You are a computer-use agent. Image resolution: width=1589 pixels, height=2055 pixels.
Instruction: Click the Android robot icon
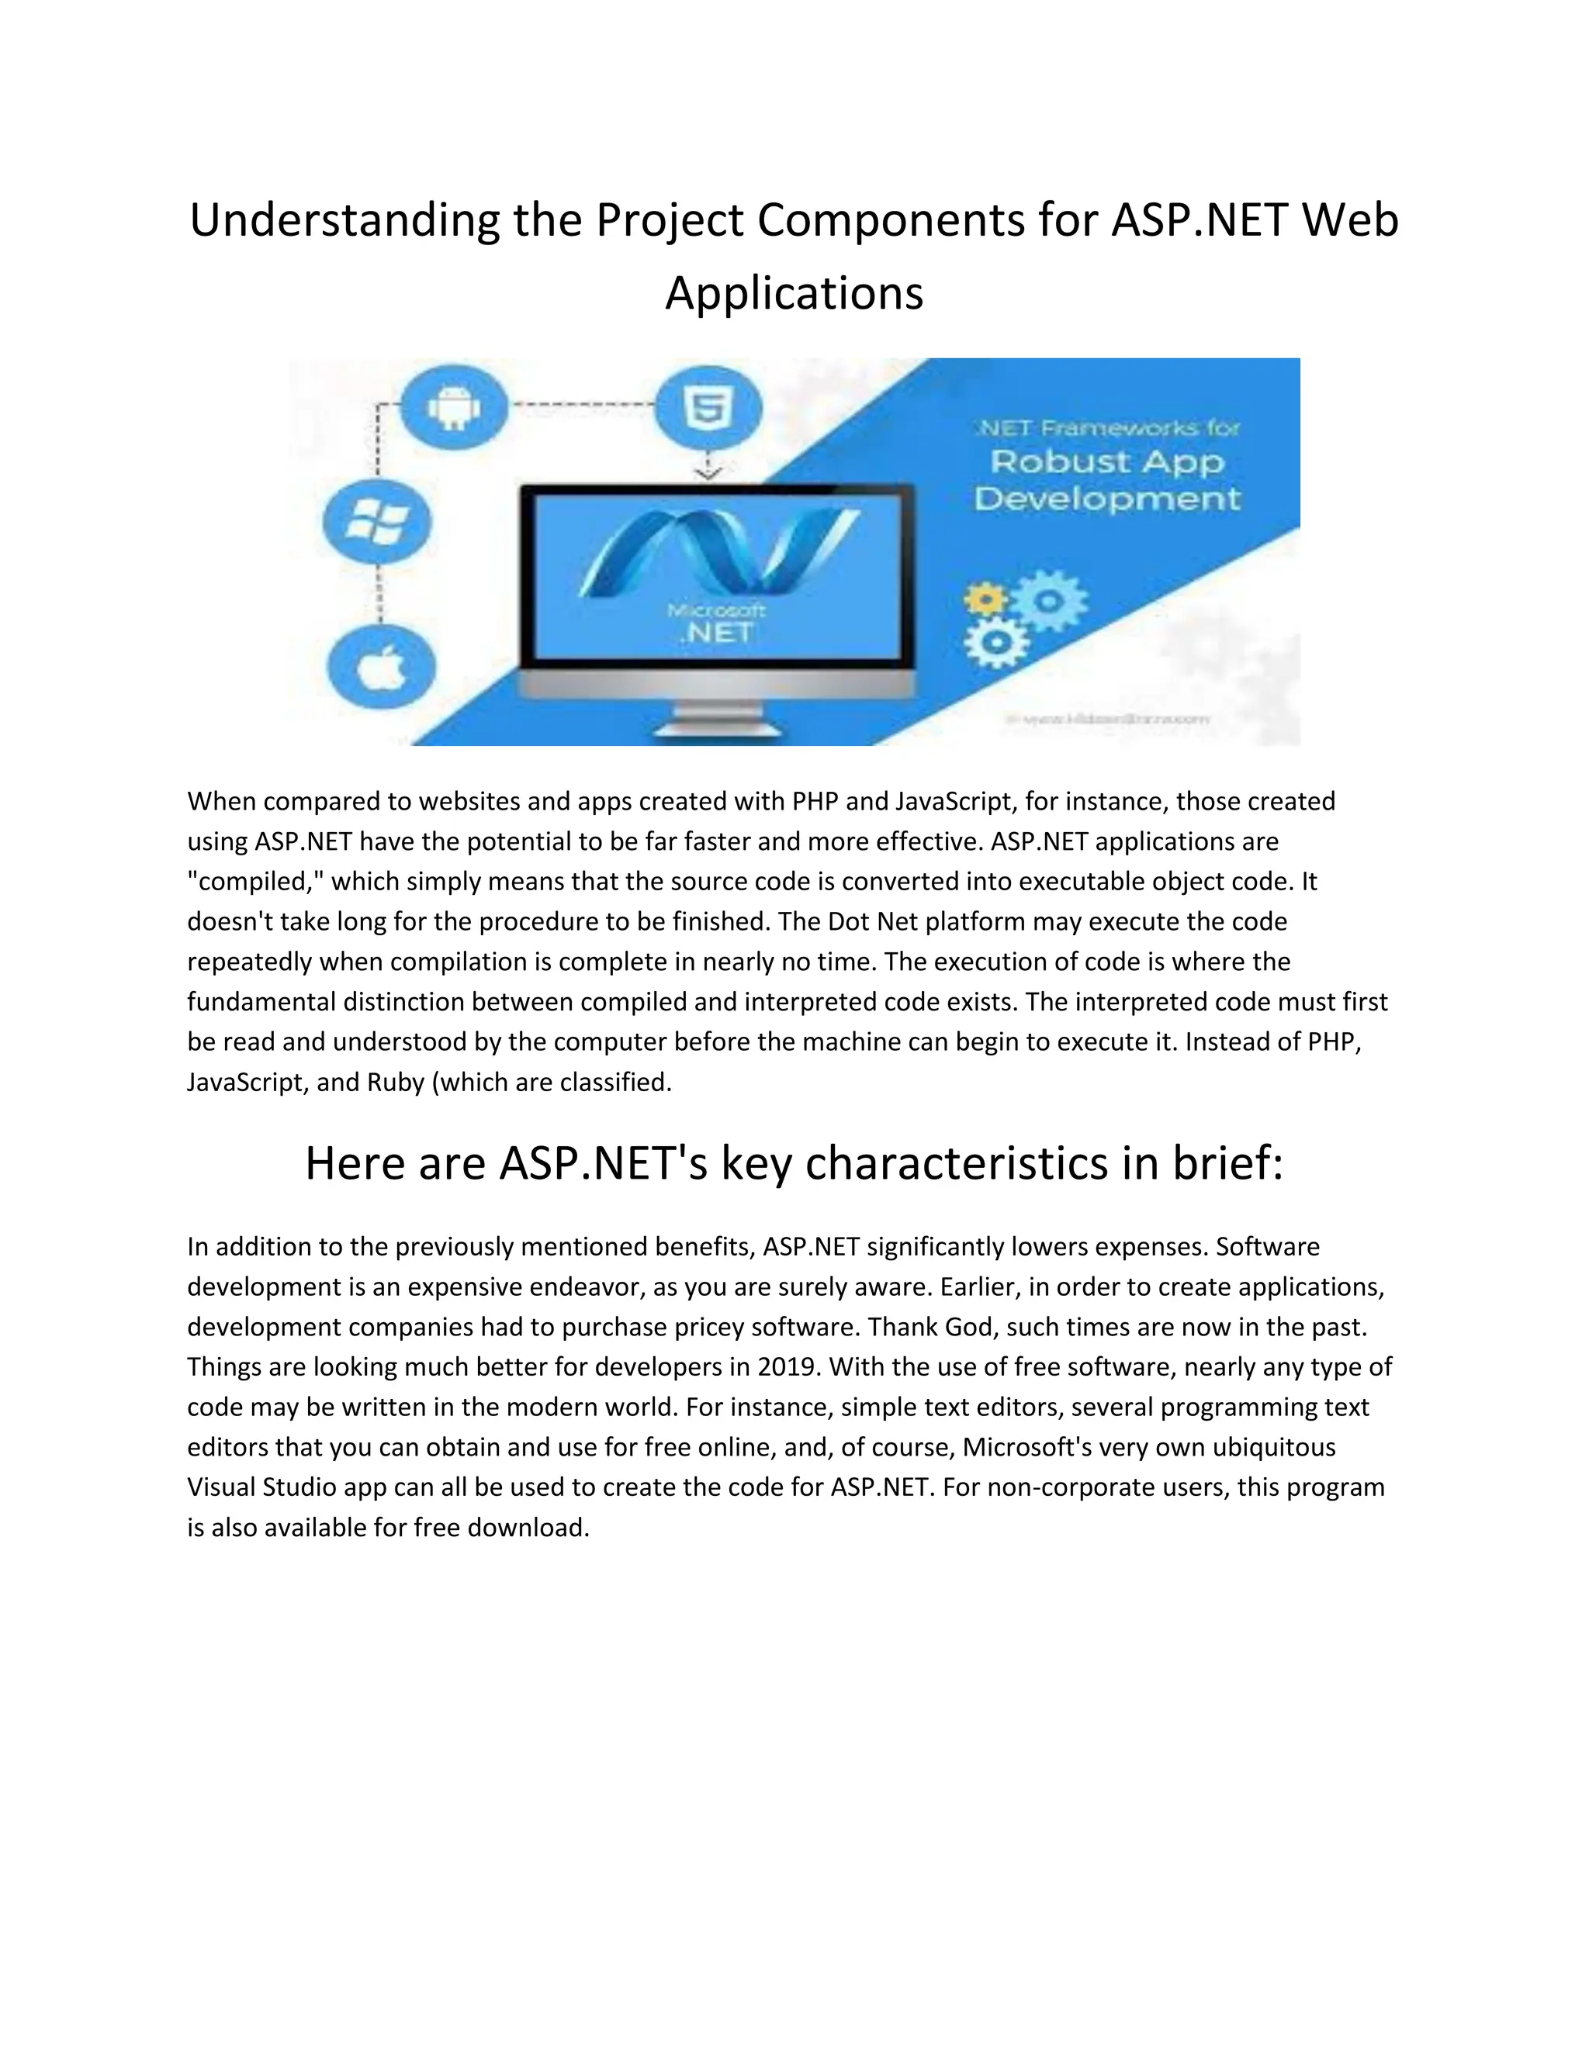(455, 407)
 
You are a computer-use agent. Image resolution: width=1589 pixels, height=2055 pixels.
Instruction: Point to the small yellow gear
(985, 599)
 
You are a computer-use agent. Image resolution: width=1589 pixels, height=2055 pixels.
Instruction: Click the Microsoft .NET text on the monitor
(716, 623)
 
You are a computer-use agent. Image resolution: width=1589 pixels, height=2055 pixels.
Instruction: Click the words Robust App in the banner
(1107, 462)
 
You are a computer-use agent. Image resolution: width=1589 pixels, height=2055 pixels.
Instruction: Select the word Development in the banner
(1107, 499)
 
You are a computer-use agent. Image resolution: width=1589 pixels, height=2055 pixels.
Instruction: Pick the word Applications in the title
(794, 294)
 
